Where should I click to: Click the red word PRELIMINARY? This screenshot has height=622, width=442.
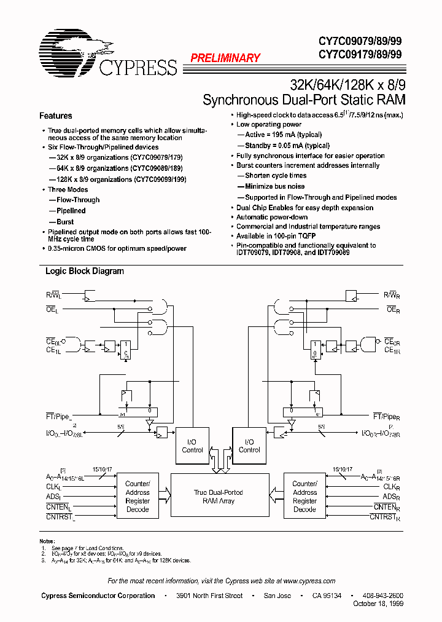(225, 58)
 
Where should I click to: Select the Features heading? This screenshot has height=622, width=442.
(55, 116)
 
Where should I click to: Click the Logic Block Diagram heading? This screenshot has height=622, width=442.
(85, 271)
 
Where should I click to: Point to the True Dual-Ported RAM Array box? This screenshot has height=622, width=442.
(219, 497)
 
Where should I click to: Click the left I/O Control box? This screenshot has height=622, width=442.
(192, 446)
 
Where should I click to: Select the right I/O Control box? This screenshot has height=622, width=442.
(249, 446)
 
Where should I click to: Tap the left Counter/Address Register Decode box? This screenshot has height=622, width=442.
(138, 497)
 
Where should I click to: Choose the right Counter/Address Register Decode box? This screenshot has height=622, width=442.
(304, 497)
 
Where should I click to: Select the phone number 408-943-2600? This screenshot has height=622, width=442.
(383, 596)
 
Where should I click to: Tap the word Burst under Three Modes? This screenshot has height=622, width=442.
(65, 222)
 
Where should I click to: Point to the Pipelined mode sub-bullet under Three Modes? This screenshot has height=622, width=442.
(71, 211)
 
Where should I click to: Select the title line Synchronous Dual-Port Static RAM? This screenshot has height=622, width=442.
(304, 100)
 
